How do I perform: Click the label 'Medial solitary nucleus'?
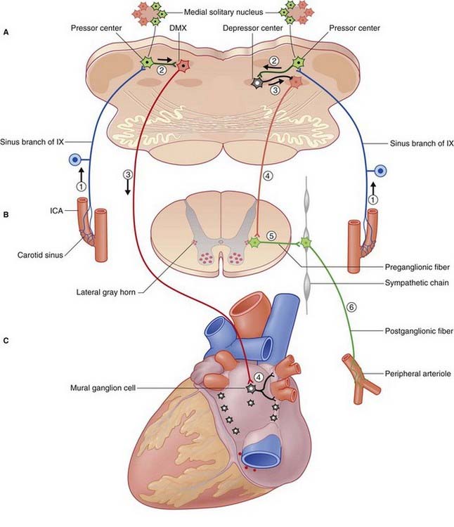(x=223, y=13)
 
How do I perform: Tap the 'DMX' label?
(x=178, y=28)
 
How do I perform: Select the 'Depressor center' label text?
(x=253, y=28)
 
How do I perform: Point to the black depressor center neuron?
(x=257, y=83)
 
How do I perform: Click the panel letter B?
(x=6, y=214)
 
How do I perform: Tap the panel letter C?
(x=6, y=341)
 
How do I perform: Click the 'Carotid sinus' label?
(x=40, y=255)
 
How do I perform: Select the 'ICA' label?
(x=56, y=211)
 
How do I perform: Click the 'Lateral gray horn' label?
(x=106, y=292)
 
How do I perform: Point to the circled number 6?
(x=351, y=307)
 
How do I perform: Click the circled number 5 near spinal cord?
(x=271, y=236)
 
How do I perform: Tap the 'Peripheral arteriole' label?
(x=417, y=374)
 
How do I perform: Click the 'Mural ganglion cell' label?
(x=103, y=388)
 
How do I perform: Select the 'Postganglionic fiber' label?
(x=419, y=331)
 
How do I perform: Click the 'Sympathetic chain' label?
(x=417, y=283)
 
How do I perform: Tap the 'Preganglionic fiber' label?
(x=417, y=267)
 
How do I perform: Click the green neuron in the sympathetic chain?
(x=306, y=242)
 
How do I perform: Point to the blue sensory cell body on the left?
(x=74, y=160)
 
